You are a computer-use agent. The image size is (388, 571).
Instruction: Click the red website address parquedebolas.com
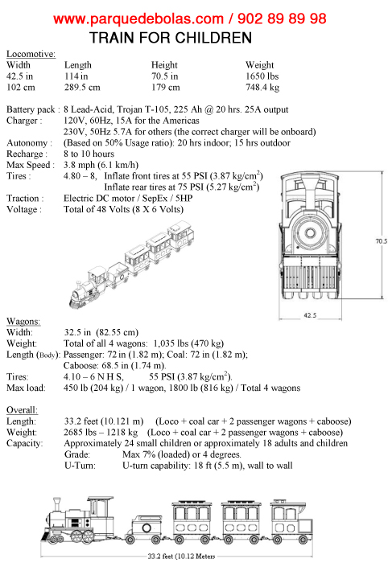(138, 19)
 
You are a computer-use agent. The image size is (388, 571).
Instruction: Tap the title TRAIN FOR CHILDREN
(171, 38)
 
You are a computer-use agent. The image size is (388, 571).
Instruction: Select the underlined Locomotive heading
(31, 54)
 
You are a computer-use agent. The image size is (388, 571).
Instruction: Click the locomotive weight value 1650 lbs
(262, 76)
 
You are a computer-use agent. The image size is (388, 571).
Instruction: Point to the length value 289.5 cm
(82, 88)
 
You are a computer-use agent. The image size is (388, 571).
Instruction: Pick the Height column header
(164, 65)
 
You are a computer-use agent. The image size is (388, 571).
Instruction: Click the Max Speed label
(31, 165)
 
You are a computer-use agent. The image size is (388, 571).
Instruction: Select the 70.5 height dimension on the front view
(382, 241)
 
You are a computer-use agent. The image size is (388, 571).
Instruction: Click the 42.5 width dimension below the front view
(310, 315)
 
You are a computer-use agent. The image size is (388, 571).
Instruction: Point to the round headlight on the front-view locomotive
(311, 232)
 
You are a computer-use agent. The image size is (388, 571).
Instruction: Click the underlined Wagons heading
(23, 321)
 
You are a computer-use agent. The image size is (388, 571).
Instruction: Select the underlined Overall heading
(22, 410)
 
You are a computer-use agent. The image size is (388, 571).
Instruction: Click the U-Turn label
(80, 466)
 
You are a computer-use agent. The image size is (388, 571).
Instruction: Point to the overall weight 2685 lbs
(80, 433)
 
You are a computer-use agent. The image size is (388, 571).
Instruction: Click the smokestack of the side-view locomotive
(57, 504)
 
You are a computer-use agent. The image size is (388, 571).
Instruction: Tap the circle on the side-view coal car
(147, 528)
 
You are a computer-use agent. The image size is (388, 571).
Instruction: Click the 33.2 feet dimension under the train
(181, 556)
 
